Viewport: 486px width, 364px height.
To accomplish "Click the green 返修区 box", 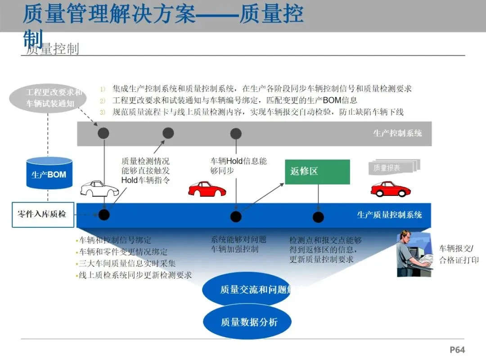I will (317, 172).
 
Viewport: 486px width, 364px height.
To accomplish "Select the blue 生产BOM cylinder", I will (49, 173).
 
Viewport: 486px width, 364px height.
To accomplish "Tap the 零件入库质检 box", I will (43, 214).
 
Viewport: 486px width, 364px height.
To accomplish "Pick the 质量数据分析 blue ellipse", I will (248, 322).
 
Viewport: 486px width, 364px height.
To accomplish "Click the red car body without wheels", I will (207, 188).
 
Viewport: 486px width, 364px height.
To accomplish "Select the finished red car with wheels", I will (391, 189).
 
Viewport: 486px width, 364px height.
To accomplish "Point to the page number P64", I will (457, 350).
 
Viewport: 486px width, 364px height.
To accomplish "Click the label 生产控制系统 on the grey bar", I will (397, 133).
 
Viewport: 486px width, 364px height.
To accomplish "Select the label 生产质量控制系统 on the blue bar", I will (389, 215).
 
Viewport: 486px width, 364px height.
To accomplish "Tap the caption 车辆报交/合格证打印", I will (459, 254).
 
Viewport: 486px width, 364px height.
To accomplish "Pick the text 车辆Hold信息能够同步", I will (238, 166).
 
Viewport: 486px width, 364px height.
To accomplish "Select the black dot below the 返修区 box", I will (318, 217).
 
